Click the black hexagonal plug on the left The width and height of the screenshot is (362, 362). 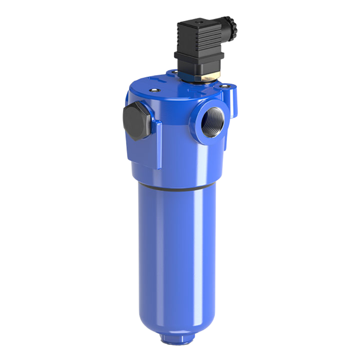tap(136, 121)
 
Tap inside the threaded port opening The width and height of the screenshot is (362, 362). tap(213, 122)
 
